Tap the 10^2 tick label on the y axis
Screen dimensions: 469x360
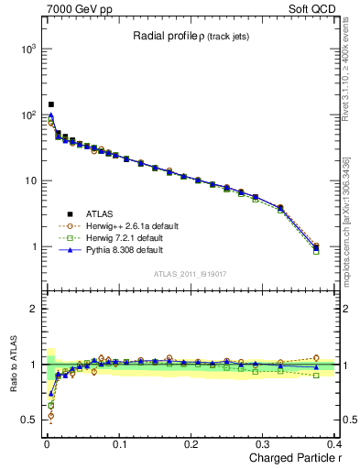point(26,115)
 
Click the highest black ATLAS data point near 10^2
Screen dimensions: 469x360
point(50,104)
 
